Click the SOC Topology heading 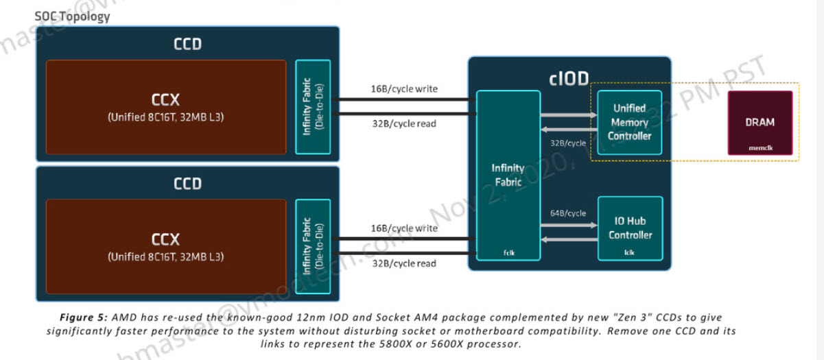[x=71, y=16]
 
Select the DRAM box [x=760, y=123]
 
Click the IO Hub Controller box [x=630, y=228]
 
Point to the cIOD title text [x=569, y=78]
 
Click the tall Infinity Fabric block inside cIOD [x=508, y=175]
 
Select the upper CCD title [x=187, y=45]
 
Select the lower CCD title [x=187, y=184]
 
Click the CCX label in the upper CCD [x=165, y=101]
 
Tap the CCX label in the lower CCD [x=165, y=239]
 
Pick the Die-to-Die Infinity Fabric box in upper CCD [x=312, y=107]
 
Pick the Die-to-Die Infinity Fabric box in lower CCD [x=312, y=247]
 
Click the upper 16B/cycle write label [x=403, y=89]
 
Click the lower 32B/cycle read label [x=403, y=263]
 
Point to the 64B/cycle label [x=568, y=213]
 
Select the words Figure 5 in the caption [x=83, y=317]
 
